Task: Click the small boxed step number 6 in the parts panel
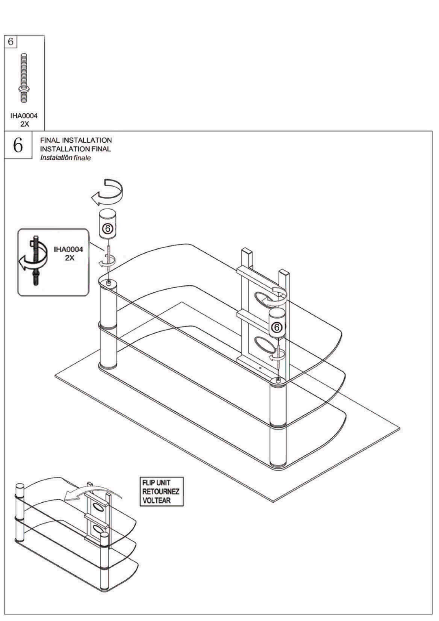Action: pos(10,41)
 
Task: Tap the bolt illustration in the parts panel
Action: pos(24,78)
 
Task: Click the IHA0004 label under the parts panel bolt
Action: pos(24,116)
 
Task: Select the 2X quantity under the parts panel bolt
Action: pos(24,124)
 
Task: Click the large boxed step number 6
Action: pos(18,145)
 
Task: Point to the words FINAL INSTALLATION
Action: pos(76,140)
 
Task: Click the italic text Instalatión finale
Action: pos(65,158)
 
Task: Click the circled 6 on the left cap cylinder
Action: pos(108,228)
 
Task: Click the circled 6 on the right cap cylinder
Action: pos(276,327)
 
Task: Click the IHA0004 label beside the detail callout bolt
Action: pos(68,250)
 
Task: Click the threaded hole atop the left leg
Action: pos(108,283)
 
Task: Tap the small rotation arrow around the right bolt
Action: pos(278,355)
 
